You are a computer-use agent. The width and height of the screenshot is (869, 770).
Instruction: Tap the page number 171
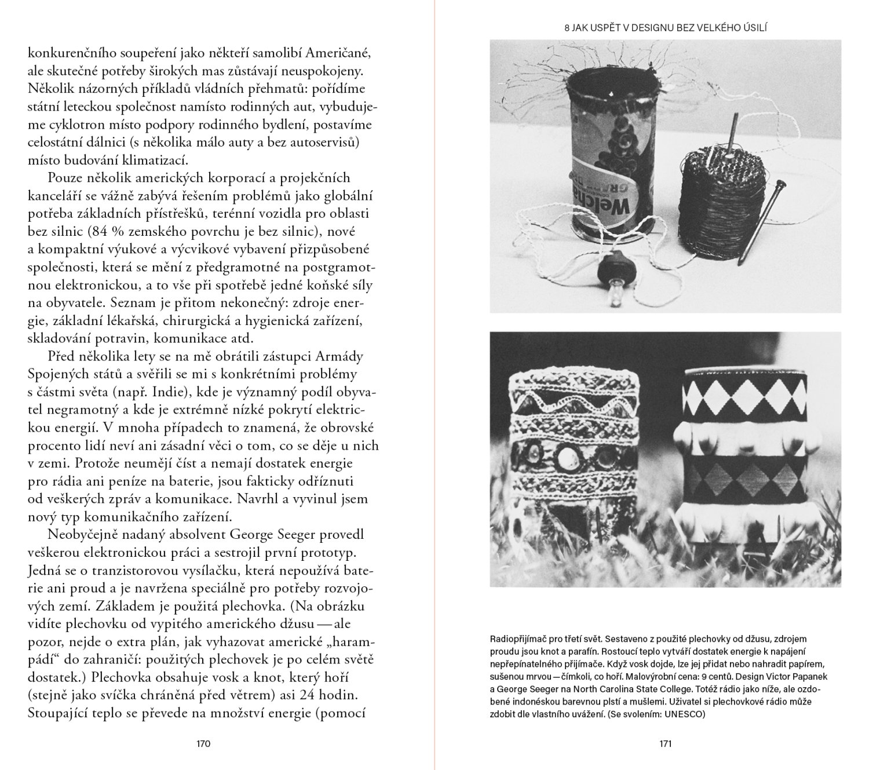(665, 745)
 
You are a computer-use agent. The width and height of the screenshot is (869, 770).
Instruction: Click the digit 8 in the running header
(568, 27)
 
